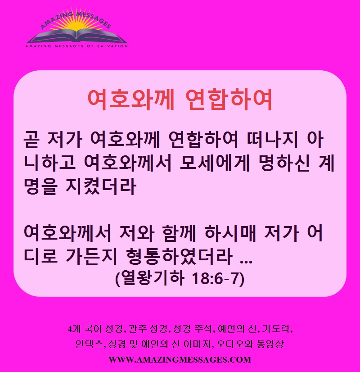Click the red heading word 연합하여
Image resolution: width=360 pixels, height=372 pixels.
228,100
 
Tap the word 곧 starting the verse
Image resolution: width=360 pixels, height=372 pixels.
31,139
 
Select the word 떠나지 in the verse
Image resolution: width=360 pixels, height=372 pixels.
272,139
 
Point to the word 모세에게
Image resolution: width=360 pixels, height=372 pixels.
215,163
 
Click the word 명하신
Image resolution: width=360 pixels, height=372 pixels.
284,163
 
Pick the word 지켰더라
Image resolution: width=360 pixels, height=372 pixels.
100,187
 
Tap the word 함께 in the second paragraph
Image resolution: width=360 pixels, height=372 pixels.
179,233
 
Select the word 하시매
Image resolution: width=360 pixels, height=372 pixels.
230,233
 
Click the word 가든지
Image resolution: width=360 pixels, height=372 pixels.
91,257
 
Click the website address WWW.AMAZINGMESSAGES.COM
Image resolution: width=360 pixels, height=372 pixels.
180,360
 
